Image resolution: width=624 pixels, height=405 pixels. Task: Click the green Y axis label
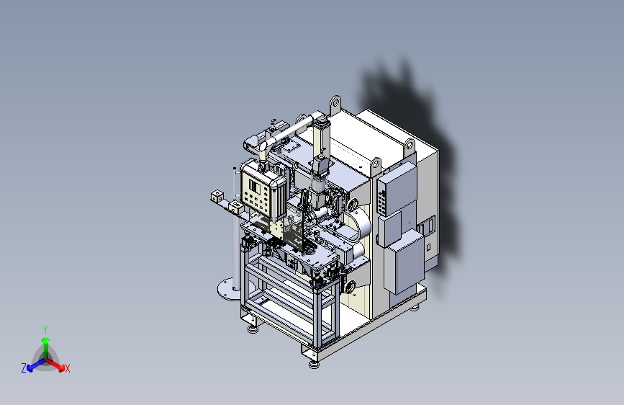tap(45, 329)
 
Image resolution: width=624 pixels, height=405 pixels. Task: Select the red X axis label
tap(67, 368)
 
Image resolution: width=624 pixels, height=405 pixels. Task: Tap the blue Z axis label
tap(24, 368)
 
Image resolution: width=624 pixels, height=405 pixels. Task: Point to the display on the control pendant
tap(254, 187)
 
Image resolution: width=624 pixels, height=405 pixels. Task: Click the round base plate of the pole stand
tap(228, 289)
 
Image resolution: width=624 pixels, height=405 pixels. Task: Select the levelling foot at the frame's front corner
tap(314, 364)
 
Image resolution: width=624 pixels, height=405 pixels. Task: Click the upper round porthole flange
tap(353, 205)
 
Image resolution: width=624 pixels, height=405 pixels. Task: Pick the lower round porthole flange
tap(351, 286)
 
